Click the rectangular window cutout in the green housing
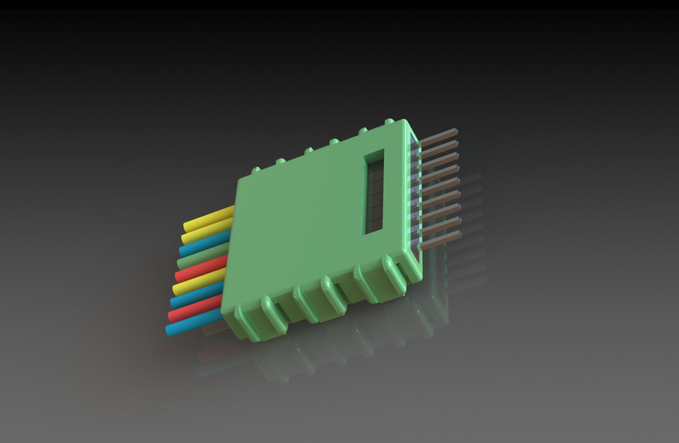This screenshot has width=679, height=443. pos(373,191)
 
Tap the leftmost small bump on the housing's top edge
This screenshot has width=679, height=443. pos(256,169)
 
